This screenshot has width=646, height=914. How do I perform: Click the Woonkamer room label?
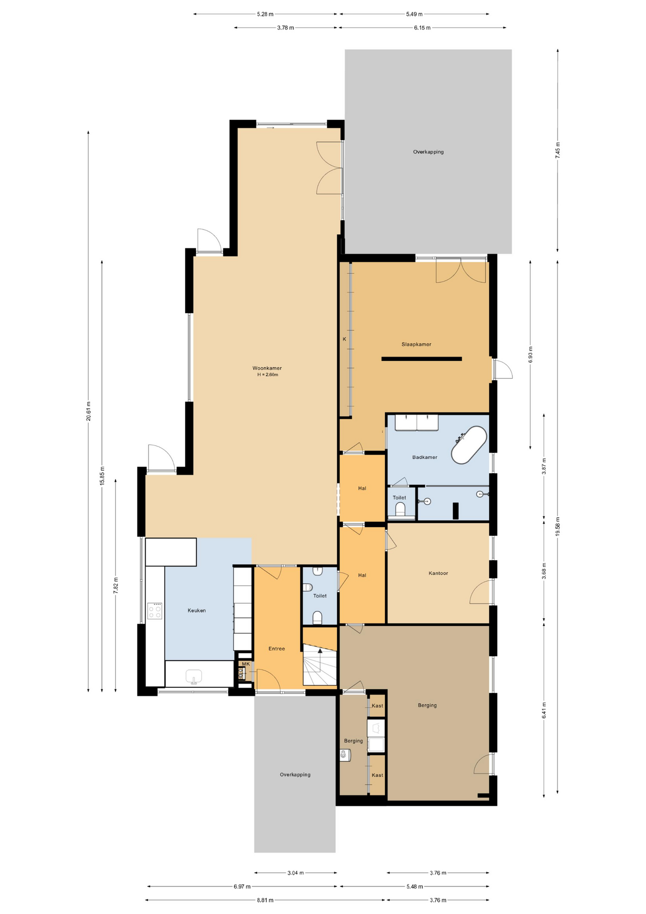267,368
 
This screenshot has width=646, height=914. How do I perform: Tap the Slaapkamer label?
416,344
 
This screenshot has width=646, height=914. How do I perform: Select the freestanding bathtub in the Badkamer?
469,445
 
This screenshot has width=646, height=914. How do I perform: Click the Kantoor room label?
438,573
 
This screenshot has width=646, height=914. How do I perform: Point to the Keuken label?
196,610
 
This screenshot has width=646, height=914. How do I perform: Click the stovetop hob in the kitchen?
155,611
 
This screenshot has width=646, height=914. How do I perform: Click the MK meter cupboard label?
245,664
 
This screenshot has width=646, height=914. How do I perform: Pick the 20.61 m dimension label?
88,411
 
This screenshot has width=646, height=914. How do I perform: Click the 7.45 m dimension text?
558,150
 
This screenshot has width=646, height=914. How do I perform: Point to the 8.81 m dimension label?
265,900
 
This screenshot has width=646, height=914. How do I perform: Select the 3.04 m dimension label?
295,873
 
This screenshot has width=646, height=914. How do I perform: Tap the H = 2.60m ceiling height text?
267,375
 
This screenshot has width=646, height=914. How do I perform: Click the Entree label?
276,648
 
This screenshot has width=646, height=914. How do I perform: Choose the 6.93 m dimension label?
530,355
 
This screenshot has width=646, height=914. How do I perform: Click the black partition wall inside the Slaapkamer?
421,359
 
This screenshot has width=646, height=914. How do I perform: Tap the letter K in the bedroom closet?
344,339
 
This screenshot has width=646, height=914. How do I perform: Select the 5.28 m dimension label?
265,14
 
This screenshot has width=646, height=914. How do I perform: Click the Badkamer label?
424,457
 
